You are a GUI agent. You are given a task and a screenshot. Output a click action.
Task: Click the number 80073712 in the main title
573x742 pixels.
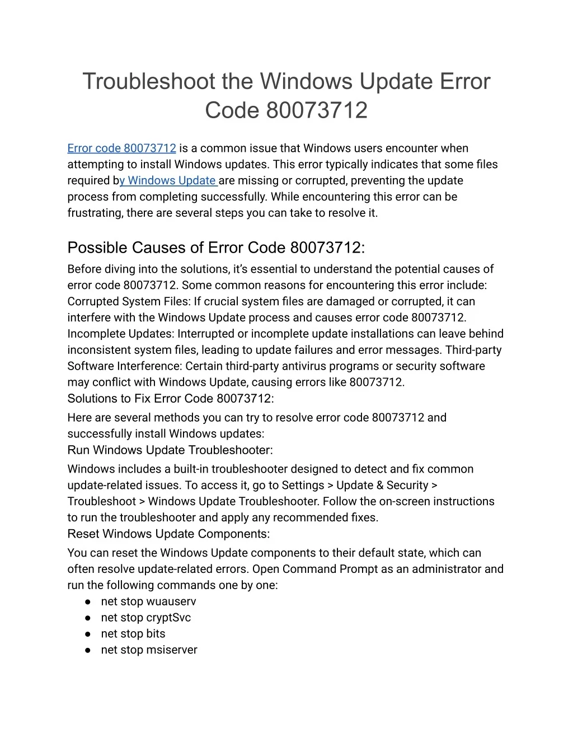(x=317, y=110)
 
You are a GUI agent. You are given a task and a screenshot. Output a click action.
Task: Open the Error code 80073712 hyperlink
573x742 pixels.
(x=121, y=148)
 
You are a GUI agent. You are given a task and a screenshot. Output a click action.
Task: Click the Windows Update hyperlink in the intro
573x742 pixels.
(x=168, y=181)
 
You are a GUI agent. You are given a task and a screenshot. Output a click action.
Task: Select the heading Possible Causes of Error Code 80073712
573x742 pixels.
(x=216, y=248)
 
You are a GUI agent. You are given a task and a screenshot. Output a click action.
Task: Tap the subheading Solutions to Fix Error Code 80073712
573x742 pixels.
(x=171, y=399)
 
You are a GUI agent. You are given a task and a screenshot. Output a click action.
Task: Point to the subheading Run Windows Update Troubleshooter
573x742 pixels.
(x=170, y=450)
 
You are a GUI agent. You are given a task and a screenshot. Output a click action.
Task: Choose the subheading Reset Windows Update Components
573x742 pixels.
(x=168, y=534)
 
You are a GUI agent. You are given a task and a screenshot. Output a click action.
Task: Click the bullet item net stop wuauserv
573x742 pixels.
(x=148, y=602)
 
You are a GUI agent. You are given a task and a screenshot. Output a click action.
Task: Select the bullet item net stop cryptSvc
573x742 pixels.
(x=145, y=618)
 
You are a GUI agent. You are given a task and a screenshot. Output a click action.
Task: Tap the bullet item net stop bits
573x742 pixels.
(x=133, y=634)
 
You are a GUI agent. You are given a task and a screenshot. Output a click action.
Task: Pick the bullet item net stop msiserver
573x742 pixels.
(x=149, y=651)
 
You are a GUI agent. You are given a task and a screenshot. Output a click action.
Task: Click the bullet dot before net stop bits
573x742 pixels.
(x=88, y=634)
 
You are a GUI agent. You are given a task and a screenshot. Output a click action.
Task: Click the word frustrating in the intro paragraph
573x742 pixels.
(x=95, y=213)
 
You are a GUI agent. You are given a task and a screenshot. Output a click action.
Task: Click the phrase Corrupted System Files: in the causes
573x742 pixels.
(x=129, y=302)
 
